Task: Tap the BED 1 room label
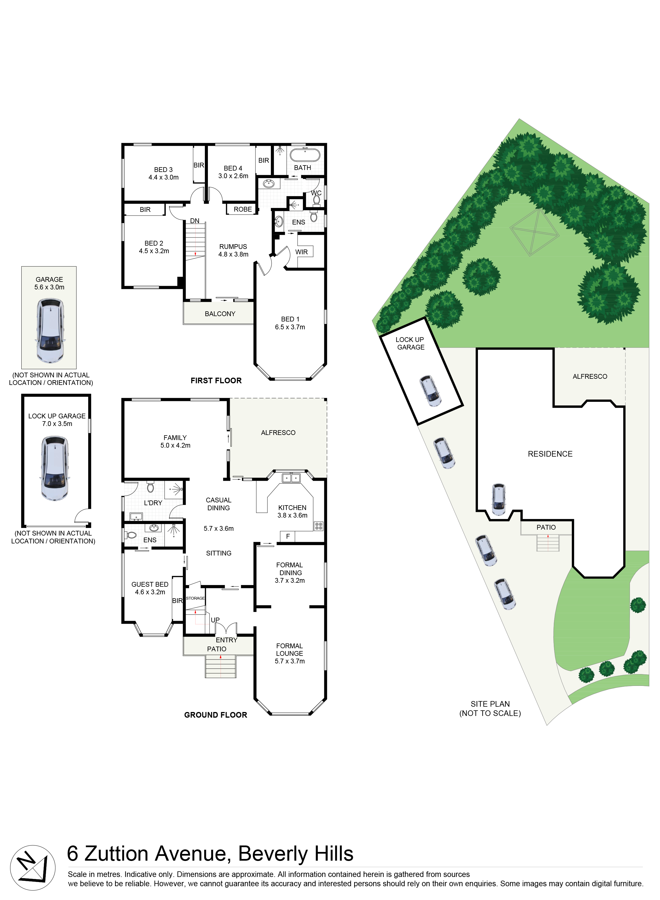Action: (x=290, y=323)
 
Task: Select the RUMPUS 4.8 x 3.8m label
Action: (x=233, y=250)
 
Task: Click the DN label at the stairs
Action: (x=194, y=221)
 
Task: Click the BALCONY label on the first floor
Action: (x=220, y=314)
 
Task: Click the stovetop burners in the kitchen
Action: (x=318, y=526)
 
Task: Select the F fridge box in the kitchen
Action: (x=288, y=536)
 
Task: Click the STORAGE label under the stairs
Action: (x=195, y=598)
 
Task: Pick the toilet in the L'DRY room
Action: (x=150, y=487)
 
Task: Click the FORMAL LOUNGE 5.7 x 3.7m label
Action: (x=290, y=654)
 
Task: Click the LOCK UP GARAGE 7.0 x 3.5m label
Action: (x=57, y=420)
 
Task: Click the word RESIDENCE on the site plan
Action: (x=550, y=454)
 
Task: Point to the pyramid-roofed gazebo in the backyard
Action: (x=534, y=232)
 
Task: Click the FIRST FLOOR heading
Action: (x=216, y=381)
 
